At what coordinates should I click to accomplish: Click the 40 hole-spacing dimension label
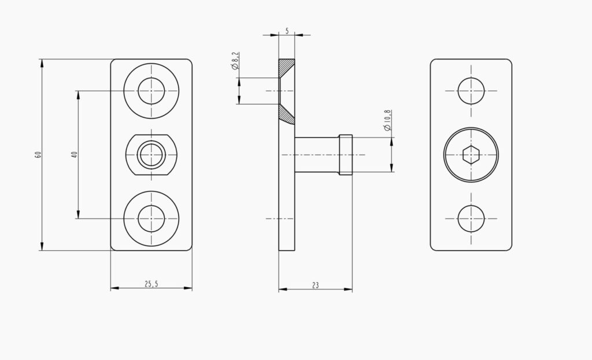pos(74,154)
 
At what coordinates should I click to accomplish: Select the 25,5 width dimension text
pos(151,284)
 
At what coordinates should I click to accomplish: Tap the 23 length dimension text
pos(315,285)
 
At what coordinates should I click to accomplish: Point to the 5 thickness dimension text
pos(287,31)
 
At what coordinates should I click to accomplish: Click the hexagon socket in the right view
pos(471,155)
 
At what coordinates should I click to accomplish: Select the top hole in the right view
pos(471,91)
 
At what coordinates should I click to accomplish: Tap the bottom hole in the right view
pos(471,218)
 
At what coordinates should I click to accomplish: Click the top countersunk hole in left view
pos(151,91)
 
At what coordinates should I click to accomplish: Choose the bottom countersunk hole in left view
pos(151,218)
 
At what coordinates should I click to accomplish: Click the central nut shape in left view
pos(151,155)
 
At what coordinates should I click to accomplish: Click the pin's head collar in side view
pos(346,155)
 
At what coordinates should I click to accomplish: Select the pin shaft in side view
pos(317,155)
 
